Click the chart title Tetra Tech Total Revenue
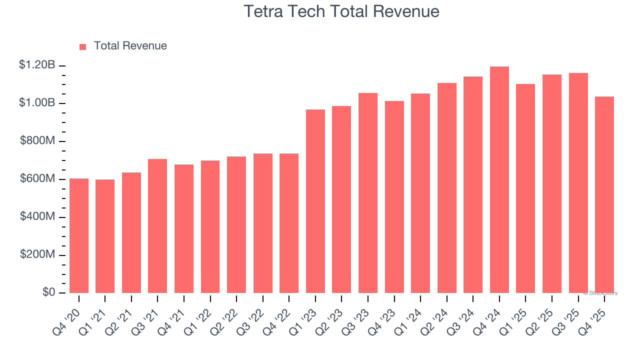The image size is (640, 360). coord(341,11)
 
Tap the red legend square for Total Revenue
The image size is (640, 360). coord(83,46)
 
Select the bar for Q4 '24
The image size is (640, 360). coord(499,180)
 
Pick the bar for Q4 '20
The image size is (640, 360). coord(79,235)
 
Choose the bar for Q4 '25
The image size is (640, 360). coord(604,195)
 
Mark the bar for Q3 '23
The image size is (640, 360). coord(367,193)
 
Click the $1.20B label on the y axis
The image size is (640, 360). coord(37,65)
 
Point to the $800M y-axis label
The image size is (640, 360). coord(37,141)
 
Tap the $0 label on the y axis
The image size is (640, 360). coord(48,292)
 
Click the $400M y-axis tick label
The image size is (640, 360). coord(37,216)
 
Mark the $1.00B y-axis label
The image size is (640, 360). coord(37,103)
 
